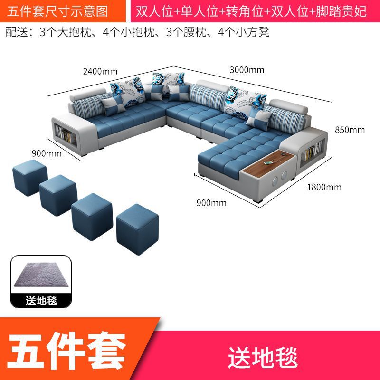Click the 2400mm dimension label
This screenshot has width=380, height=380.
[x=100, y=72]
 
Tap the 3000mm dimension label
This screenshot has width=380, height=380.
[x=247, y=70]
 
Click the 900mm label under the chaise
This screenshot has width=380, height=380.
[x=211, y=203]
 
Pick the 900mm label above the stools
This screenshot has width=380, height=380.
[x=47, y=153]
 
